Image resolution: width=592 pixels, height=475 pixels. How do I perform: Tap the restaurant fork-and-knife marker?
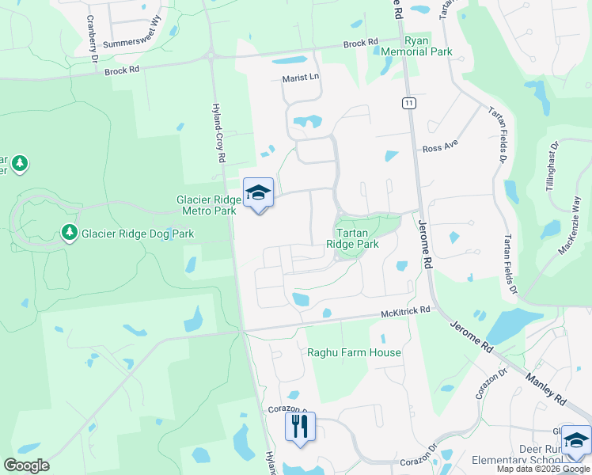coord(300,427)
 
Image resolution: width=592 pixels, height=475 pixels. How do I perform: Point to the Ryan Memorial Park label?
coord(427,46)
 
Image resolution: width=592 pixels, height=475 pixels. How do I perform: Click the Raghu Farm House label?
coord(354,352)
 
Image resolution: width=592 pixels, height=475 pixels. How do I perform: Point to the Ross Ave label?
coord(440,148)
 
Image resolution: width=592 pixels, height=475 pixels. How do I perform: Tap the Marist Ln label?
coord(301,78)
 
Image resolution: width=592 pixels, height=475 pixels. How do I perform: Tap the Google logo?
coord(26,465)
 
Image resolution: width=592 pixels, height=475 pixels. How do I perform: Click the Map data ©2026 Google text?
coord(543,469)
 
